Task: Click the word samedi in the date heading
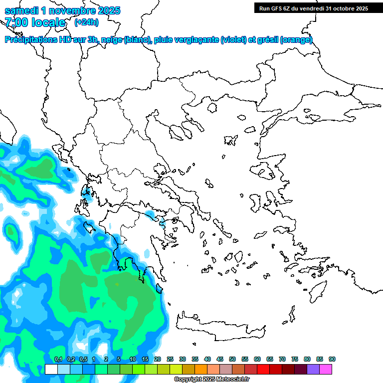pos(19,10)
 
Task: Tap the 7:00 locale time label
pos(35,22)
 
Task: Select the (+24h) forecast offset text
pos(86,22)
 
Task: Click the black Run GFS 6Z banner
pos(313,8)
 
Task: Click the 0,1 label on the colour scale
pos(58,360)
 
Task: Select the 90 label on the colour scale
pos(332,360)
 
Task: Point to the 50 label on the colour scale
pos(232,360)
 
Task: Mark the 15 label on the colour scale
pos(145,360)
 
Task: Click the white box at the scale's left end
pos(51,369)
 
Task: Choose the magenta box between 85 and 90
pos(326,369)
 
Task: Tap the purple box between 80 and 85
pos(313,369)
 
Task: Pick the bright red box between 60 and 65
pos(263,369)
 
